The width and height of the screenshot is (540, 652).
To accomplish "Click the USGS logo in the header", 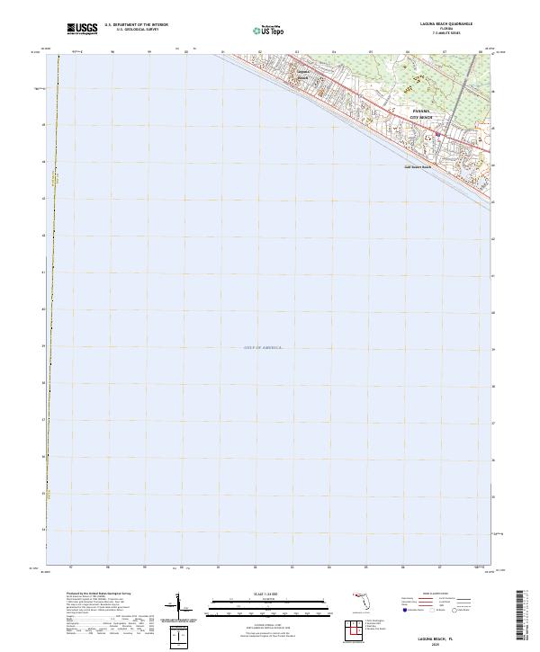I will pos(82,30).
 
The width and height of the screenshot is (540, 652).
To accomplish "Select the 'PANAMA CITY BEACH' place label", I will pos(422,114).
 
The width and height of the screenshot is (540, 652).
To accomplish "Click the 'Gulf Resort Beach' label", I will pos(417,166).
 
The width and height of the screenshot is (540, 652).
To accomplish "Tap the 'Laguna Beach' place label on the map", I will pos(302,74).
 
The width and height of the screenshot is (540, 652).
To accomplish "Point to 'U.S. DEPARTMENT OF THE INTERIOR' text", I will pos(136,25).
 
